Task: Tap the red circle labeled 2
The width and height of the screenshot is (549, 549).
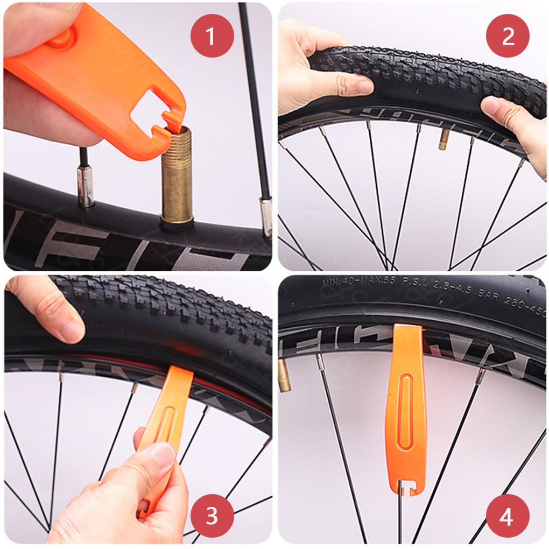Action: point(508,36)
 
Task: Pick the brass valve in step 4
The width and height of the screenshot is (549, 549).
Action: point(284,375)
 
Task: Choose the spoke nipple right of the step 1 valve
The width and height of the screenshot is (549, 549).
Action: point(265,215)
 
